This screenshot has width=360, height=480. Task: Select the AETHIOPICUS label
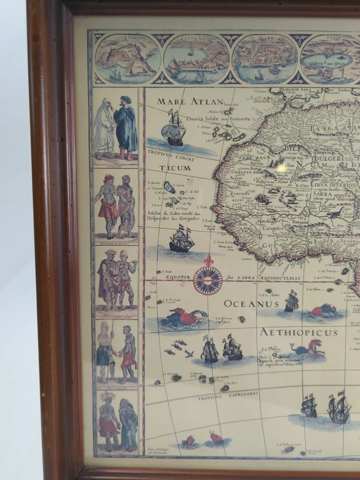tap(298, 332)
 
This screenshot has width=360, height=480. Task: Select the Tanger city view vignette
tap(127, 59)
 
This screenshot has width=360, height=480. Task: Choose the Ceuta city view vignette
tap(196, 59)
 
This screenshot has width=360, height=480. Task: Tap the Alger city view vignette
tap(264, 59)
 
